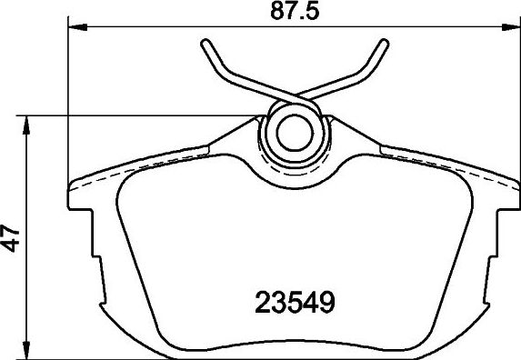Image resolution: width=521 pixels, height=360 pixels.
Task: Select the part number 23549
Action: (293, 300)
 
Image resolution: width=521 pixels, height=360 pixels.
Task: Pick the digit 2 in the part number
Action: (259, 300)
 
